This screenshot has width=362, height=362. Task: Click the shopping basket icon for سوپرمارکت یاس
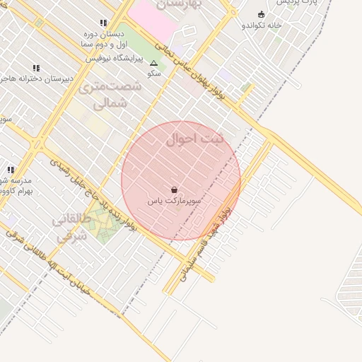pos(174,189)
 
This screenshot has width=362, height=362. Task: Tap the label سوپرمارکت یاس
pos(174,202)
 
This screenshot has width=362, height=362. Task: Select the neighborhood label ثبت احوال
pos(194,139)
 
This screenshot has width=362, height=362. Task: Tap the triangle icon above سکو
pos(153,63)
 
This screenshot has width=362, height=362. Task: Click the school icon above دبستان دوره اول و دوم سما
pos(104,23)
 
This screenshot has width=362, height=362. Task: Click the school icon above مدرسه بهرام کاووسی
pos(11,170)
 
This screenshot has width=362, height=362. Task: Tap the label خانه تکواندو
pos(262,25)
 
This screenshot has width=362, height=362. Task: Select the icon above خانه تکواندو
pos(261,14)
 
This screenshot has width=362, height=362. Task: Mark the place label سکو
pos(153,74)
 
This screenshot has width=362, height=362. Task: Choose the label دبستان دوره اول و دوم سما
pos(103,39)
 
